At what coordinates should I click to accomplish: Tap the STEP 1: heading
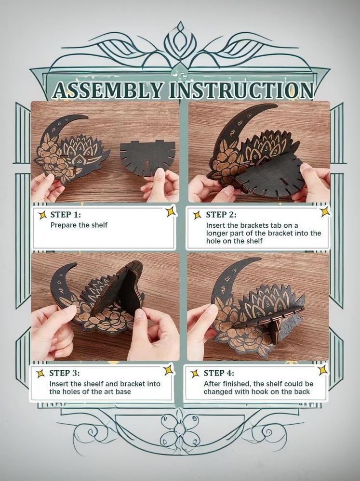[x=66, y=214]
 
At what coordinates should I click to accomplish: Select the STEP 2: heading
[x=221, y=214]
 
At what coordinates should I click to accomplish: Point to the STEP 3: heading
[x=64, y=373]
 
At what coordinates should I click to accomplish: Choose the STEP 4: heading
[x=219, y=373]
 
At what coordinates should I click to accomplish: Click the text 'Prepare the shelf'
[x=79, y=225]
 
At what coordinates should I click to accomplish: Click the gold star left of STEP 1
[x=42, y=215]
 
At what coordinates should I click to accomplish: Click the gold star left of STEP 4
[x=195, y=374]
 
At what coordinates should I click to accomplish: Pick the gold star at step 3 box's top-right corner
[x=169, y=370]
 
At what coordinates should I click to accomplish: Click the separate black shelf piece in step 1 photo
[x=147, y=157]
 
